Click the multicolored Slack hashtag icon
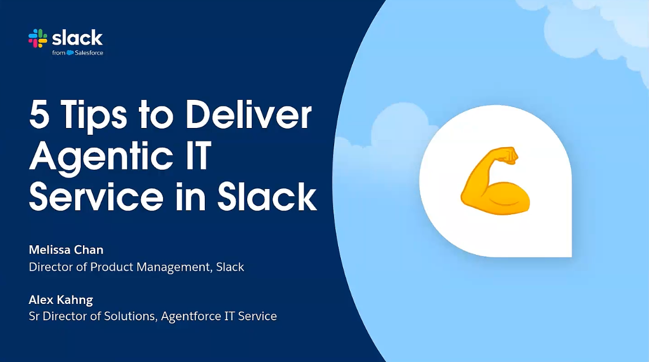(38, 38)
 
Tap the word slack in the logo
(77, 38)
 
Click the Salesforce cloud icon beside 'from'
(70, 52)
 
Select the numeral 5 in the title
(40, 114)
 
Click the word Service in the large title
(96, 196)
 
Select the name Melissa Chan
(66, 250)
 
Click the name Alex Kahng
(61, 299)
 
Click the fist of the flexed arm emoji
(506, 155)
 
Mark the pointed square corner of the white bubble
(571, 257)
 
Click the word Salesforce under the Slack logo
(89, 52)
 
